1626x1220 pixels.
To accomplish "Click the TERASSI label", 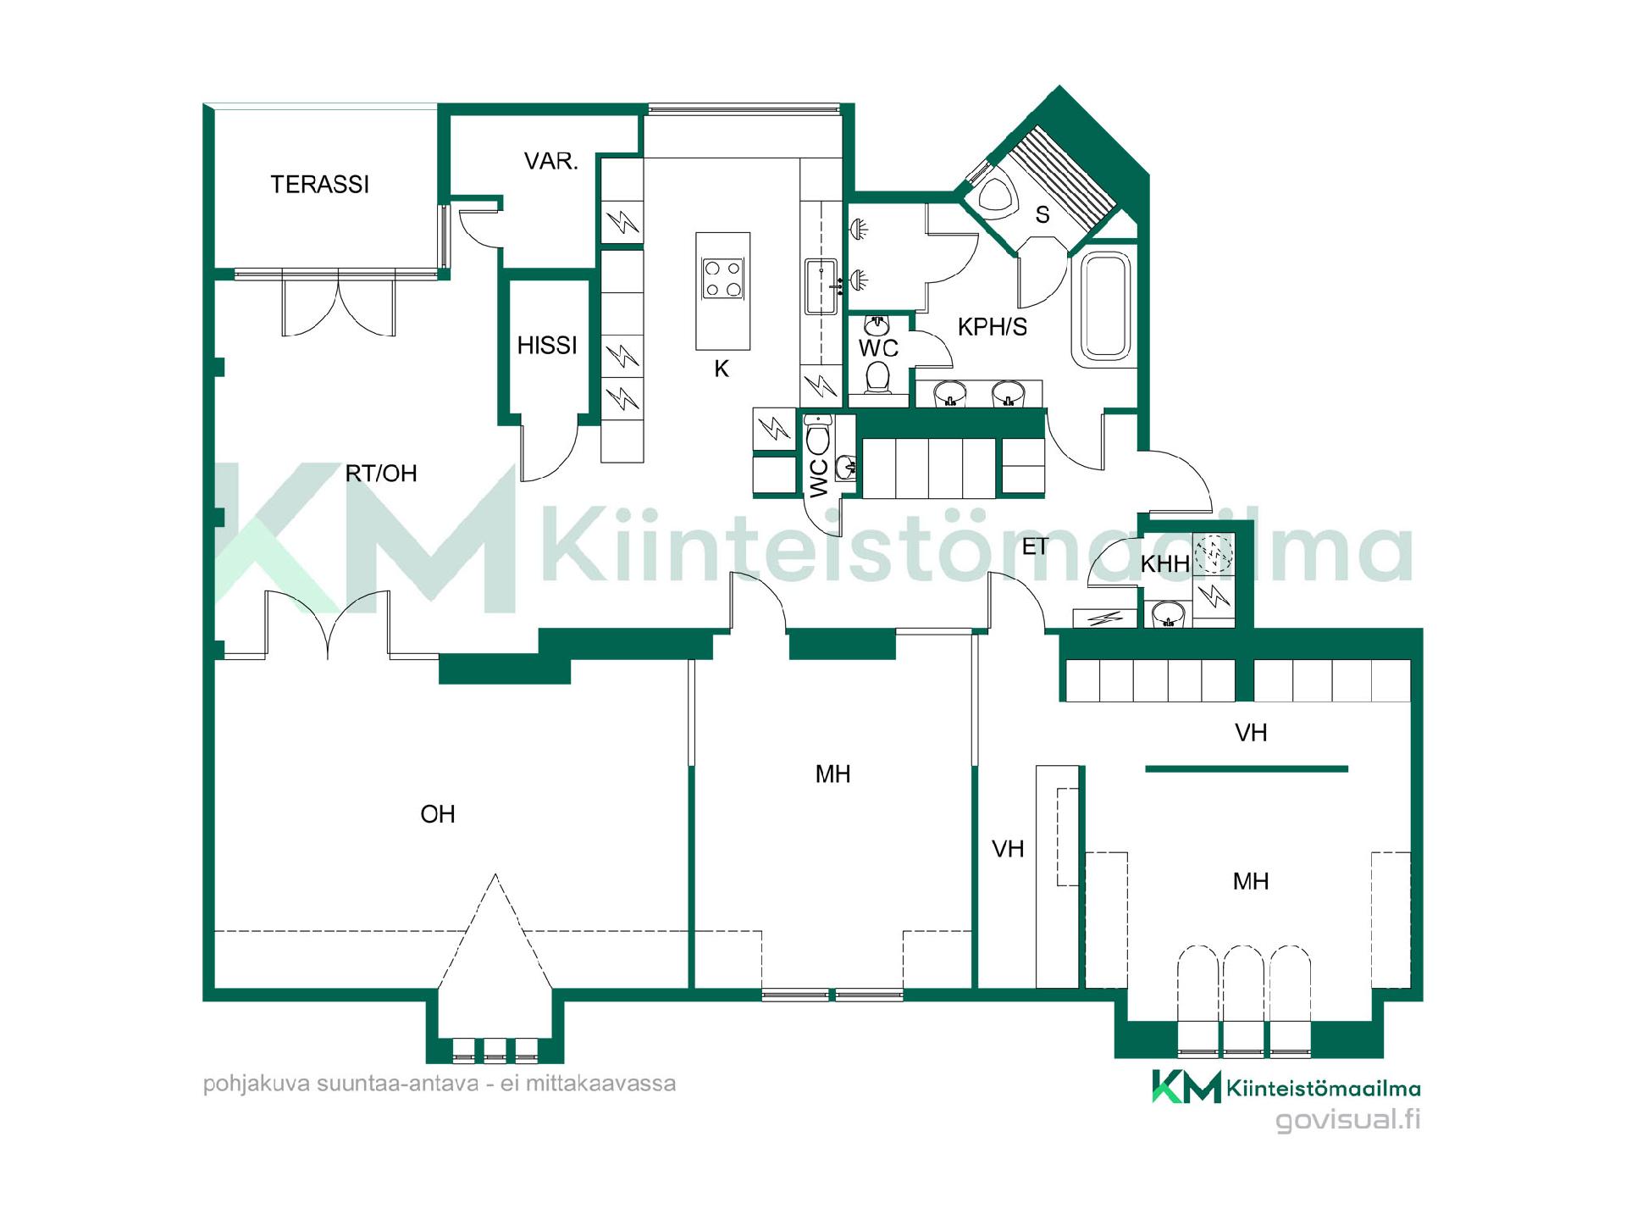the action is (x=319, y=184).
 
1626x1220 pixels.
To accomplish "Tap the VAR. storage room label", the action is (x=550, y=161).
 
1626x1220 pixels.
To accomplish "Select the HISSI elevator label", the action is (x=547, y=345).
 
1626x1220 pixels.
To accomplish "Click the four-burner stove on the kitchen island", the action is (x=723, y=280).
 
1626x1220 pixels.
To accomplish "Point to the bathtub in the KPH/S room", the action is (x=1102, y=308).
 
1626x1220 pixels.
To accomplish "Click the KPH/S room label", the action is (x=992, y=326).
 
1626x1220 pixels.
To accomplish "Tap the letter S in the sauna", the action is (x=1043, y=215).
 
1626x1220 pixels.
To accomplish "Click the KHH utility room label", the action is (x=1164, y=563).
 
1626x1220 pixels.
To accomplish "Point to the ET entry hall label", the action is (x=1035, y=546).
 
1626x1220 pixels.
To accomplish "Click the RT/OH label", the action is (x=381, y=473).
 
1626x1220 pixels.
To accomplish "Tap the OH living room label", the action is (x=438, y=814).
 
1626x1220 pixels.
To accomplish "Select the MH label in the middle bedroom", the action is (x=832, y=774).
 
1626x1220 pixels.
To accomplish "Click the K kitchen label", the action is (x=722, y=369).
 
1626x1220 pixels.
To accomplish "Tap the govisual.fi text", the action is (x=1348, y=1120).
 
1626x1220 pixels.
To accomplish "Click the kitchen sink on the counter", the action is (x=820, y=286).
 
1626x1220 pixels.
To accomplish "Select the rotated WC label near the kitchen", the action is (x=819, y=479).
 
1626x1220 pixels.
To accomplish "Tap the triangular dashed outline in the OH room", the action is (x=495, y=932).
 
